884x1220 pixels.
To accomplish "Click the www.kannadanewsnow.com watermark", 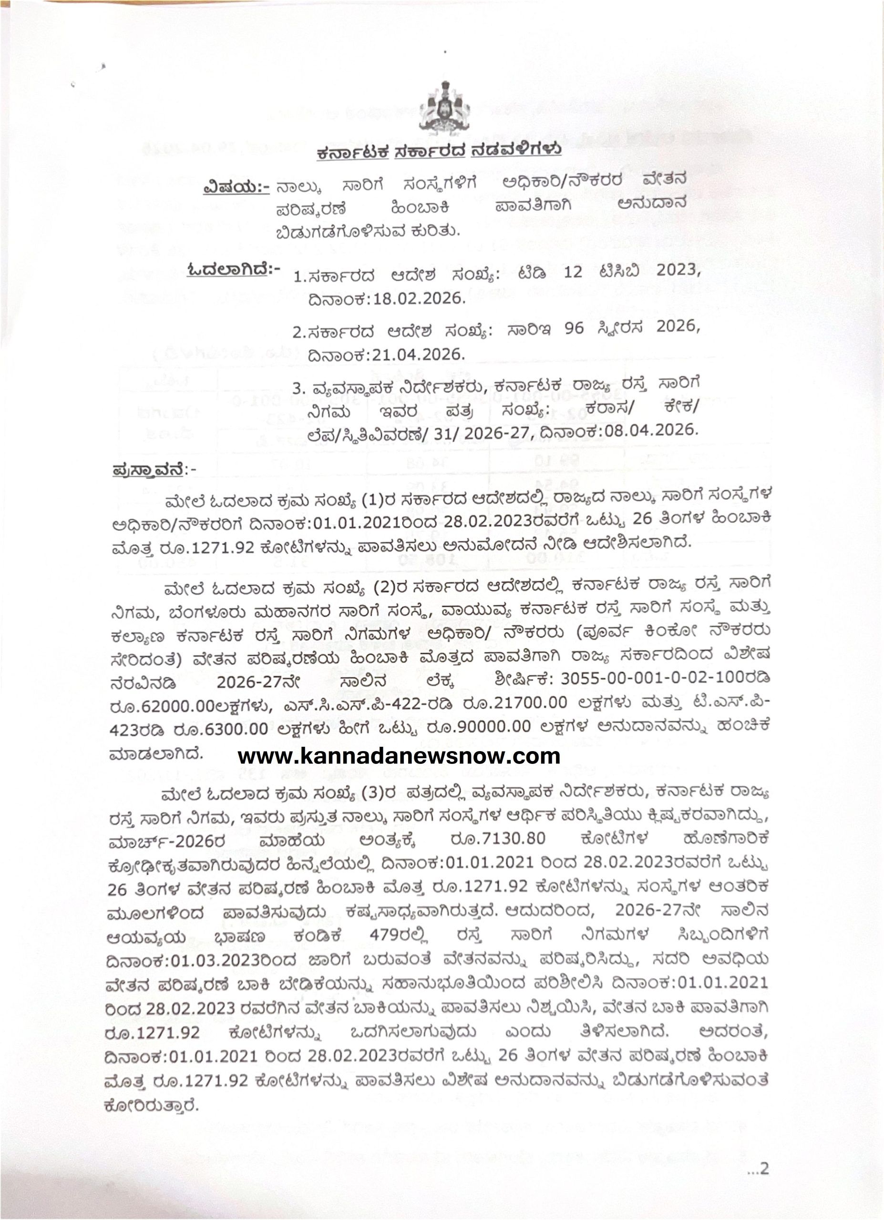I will pyautogui.click(x=399, y=756).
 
